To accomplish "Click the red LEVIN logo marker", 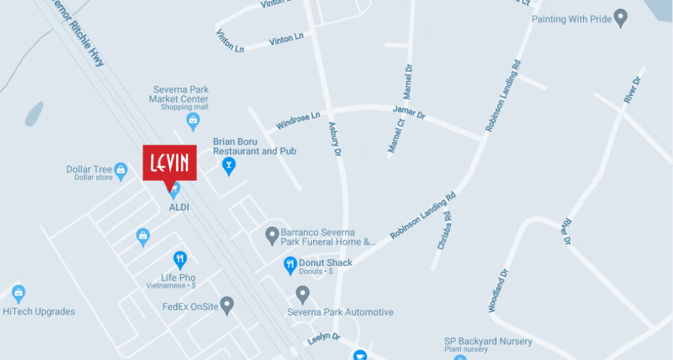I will (170, 163).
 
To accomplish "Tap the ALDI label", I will (179, 207).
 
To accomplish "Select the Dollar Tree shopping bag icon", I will (121, 169).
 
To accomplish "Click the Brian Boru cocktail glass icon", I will (229, 165).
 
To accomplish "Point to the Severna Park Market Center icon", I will (193, 121).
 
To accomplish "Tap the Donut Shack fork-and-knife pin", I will (290, 264).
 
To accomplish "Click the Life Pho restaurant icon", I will (180, 260).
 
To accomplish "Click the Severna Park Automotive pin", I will (302, 295).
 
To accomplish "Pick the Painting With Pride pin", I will (620, 18).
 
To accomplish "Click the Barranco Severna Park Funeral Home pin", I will (272, 236).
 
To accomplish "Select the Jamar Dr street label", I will (409, 112).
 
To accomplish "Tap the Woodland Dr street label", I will (499, 291).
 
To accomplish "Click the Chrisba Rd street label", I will (444, 230).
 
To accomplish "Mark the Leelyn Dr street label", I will (324, 337).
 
